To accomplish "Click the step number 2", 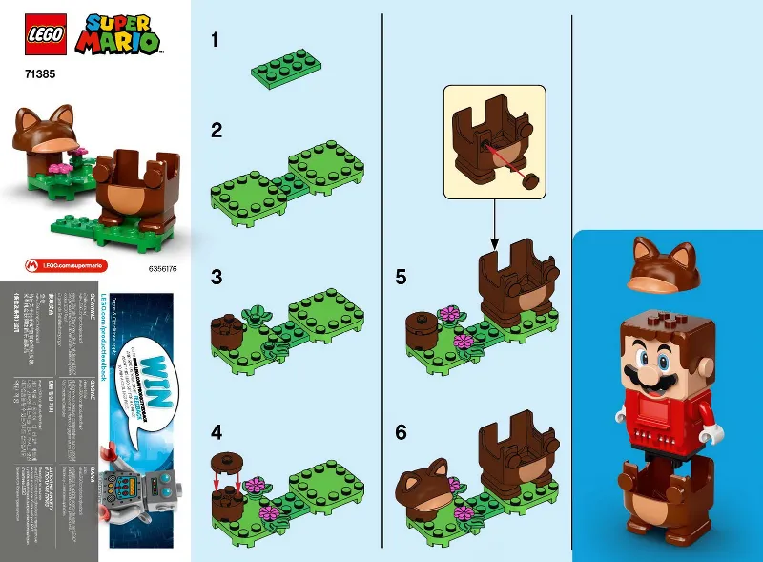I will (217, 131).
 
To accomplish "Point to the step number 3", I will (217, 278).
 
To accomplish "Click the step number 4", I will (217, 431).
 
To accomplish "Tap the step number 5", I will (401, 278).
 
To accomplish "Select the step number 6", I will (401, 431).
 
